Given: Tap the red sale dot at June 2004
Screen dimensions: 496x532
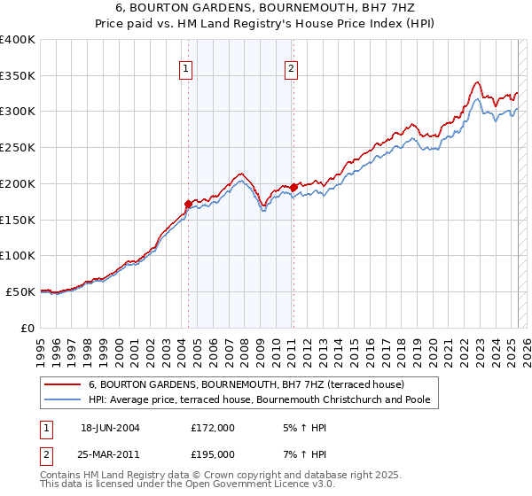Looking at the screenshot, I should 188,204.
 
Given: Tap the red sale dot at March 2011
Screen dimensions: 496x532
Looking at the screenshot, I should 293,187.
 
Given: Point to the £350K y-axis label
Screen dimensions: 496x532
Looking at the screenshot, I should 18,76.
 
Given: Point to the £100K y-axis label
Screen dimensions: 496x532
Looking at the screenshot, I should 18,256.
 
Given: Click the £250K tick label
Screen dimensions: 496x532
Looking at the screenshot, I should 18,148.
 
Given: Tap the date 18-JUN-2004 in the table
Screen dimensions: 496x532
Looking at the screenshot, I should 110,428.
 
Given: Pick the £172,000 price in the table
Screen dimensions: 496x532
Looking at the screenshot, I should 213,428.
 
